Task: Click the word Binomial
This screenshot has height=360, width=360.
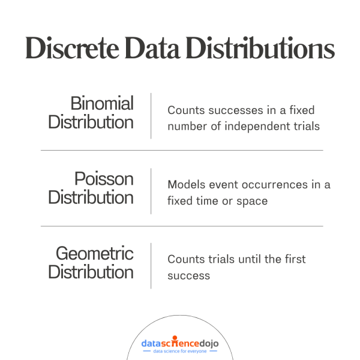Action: pos(102,103)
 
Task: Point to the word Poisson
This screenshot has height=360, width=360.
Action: pos(104,178)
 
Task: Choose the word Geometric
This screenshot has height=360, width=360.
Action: pos(95,254)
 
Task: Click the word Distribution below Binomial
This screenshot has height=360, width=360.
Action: pos(91,122)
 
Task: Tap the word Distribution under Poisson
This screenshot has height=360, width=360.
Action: pos(91,197)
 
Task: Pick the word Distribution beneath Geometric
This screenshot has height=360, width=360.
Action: pos(91,272)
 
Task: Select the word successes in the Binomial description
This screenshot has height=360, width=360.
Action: pos(227,110)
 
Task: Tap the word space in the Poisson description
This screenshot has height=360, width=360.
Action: pos(253,200)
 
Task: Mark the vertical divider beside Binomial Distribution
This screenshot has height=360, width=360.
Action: pos(151,116)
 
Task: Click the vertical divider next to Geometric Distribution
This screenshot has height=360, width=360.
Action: pos(151,266)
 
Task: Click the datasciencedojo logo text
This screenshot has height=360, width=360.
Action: pos(179,343)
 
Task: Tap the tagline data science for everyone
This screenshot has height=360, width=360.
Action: pos(179,352)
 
